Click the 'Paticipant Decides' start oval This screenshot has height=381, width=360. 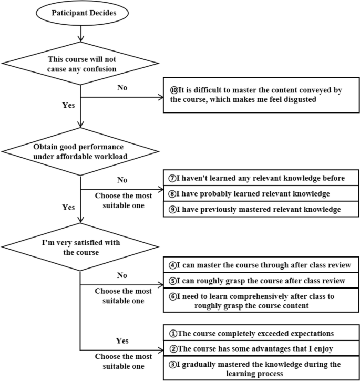[80, 12]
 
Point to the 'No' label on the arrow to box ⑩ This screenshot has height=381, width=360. [122, 88]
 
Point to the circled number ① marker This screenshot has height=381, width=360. [172, 334]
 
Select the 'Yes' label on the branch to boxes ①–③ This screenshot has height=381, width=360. [122, 341]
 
